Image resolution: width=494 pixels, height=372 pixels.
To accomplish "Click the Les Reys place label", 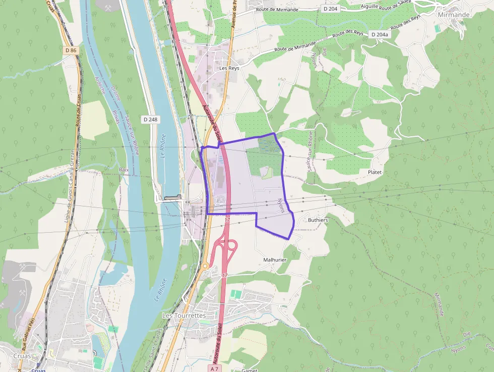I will point(229,68).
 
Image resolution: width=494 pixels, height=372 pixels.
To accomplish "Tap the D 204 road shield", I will point(330,9).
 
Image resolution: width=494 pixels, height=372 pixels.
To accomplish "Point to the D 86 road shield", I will point(71,50).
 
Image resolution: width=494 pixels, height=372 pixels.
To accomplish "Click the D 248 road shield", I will point(150,120).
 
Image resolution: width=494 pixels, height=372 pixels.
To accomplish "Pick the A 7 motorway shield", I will point(215,368).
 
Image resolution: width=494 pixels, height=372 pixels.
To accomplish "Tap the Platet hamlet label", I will point(375,172).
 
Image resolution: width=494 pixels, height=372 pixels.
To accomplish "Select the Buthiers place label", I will point(318,220).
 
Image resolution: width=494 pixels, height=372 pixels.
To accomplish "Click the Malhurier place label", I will point(275,259).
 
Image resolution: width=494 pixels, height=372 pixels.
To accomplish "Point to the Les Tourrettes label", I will point(184,315).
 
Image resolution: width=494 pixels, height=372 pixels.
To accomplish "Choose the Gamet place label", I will point(249,370).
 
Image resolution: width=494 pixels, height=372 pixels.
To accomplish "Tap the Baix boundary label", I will point(124,170).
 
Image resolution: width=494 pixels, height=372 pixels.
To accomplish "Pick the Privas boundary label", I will point(116,117).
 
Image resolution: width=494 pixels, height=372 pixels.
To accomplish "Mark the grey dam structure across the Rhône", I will point(172,197).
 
